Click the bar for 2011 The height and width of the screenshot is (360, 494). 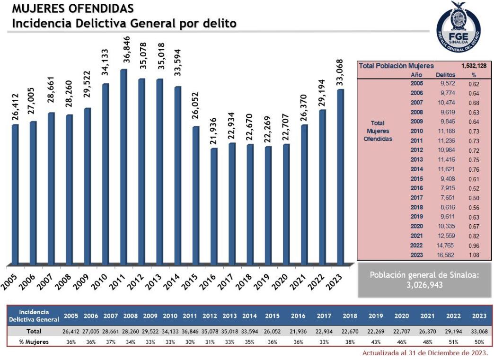click(x=123, y=166)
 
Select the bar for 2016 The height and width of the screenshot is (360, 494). click(x=214, y=206)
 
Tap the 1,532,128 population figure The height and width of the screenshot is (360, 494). click(x=474, y=66)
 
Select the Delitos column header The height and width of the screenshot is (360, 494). click(x=445, y=75)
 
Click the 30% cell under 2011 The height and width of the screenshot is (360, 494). click(x=189, y=342)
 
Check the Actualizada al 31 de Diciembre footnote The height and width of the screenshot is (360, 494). click(x=424, y=353)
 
